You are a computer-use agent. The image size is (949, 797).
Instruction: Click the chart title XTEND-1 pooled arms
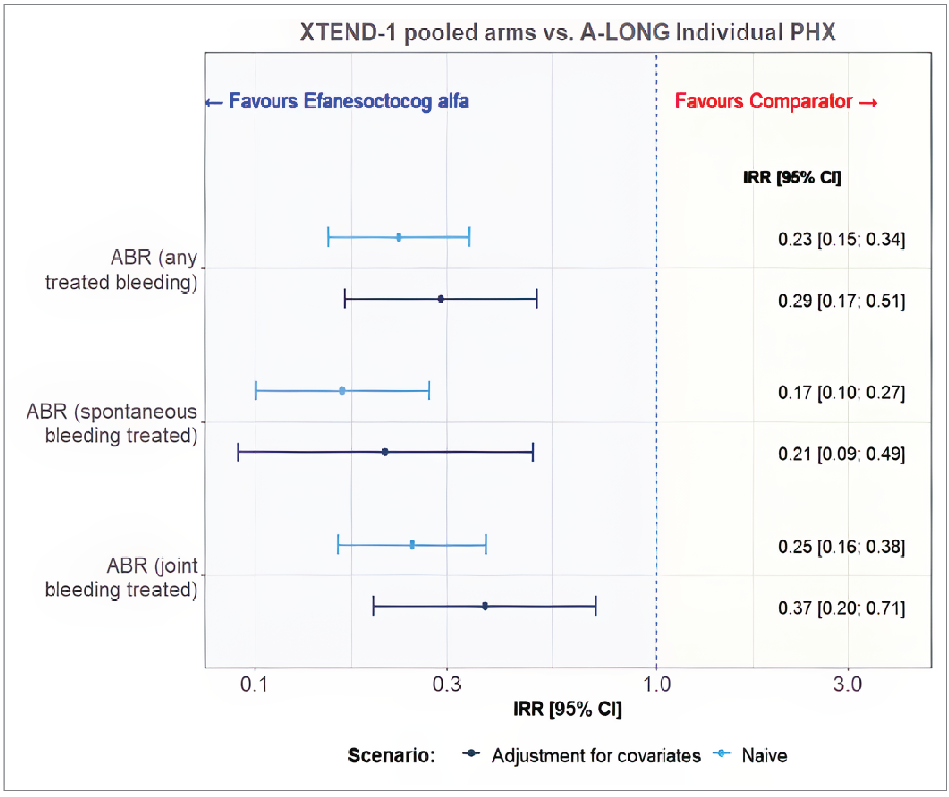point(568,32)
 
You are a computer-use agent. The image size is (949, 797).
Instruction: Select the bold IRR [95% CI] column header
point(792,177)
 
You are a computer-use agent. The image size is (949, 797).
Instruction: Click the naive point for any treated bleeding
point(399,237)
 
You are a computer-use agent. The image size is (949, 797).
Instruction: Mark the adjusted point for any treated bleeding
point(440,299)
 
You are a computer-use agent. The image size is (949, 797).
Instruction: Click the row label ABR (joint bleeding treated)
point(121,578)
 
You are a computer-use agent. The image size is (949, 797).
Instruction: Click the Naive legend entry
point(764,756)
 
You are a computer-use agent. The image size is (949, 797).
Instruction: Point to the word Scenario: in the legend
point(391,756)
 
